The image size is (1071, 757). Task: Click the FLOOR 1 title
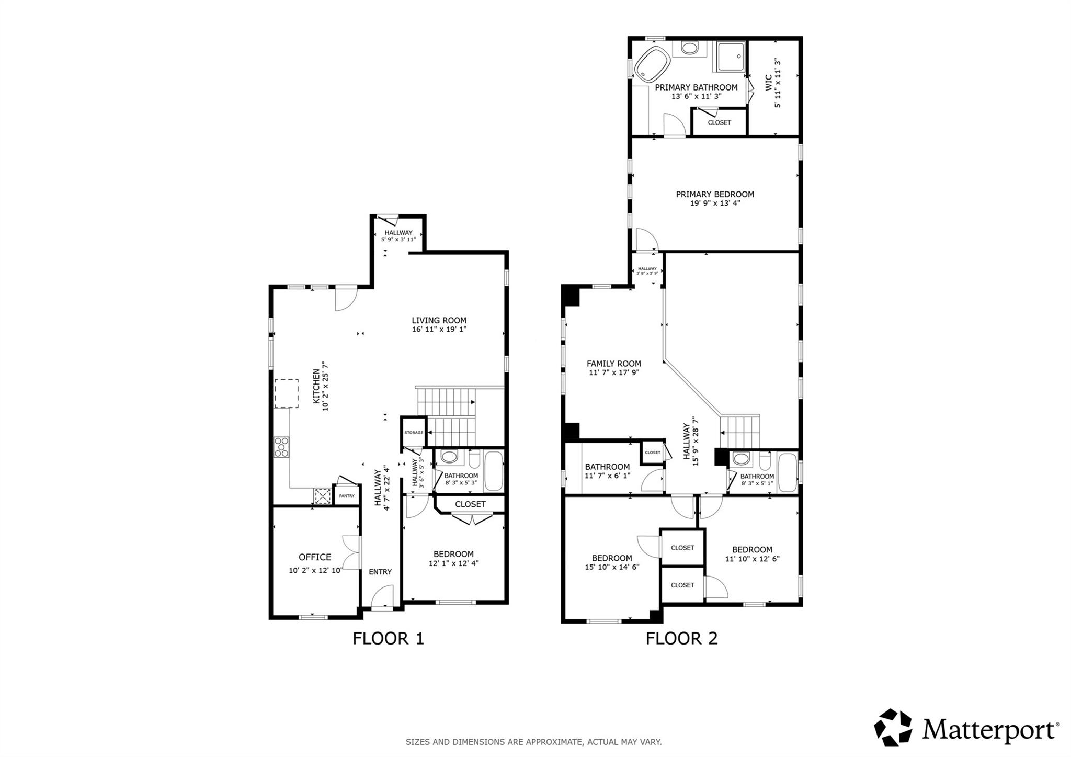388,639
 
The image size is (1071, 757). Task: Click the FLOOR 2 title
681,639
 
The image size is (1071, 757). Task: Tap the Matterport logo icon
893,727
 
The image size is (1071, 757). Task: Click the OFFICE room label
314,558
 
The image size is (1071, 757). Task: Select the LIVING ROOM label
439,321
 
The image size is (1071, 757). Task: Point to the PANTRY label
347,496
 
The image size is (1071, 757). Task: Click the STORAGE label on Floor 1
413,433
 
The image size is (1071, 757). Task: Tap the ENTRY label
380,572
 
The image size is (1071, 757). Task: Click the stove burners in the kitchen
281,447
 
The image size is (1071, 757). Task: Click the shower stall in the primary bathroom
731,57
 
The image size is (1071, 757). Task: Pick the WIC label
768,83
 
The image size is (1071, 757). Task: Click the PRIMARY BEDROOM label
715,194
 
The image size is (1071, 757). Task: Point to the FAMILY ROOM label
613,364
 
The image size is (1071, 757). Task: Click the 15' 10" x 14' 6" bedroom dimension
612,567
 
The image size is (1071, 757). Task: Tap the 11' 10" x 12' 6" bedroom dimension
752,559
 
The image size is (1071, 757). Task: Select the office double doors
351,552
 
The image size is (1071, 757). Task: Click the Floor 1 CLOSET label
470,504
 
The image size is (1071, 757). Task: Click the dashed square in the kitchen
287,393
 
